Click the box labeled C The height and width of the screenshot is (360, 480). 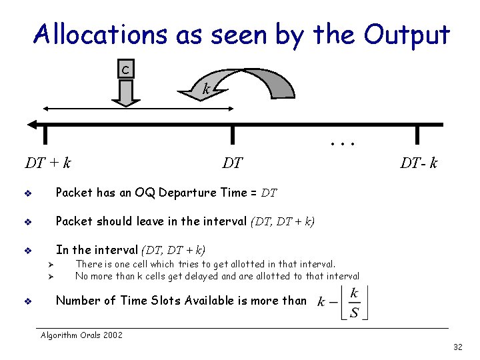click(x=125, y=69)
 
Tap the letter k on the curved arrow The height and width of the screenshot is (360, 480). click(x=207, y=88)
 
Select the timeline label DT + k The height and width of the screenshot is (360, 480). click(x=48, y=162)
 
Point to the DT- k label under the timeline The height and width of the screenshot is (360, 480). click(x=419, y=163)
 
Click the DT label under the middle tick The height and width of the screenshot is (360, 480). click(x=232, y=163)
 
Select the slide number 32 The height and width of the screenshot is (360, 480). click(x=457, y=347)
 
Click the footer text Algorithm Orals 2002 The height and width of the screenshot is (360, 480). click(x=81, y=335)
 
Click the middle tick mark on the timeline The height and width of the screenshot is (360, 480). click(x=232, y=134)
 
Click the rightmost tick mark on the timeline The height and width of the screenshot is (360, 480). click(x=417, y=134)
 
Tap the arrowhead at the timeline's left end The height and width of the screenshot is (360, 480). click(x=31, y=124)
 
